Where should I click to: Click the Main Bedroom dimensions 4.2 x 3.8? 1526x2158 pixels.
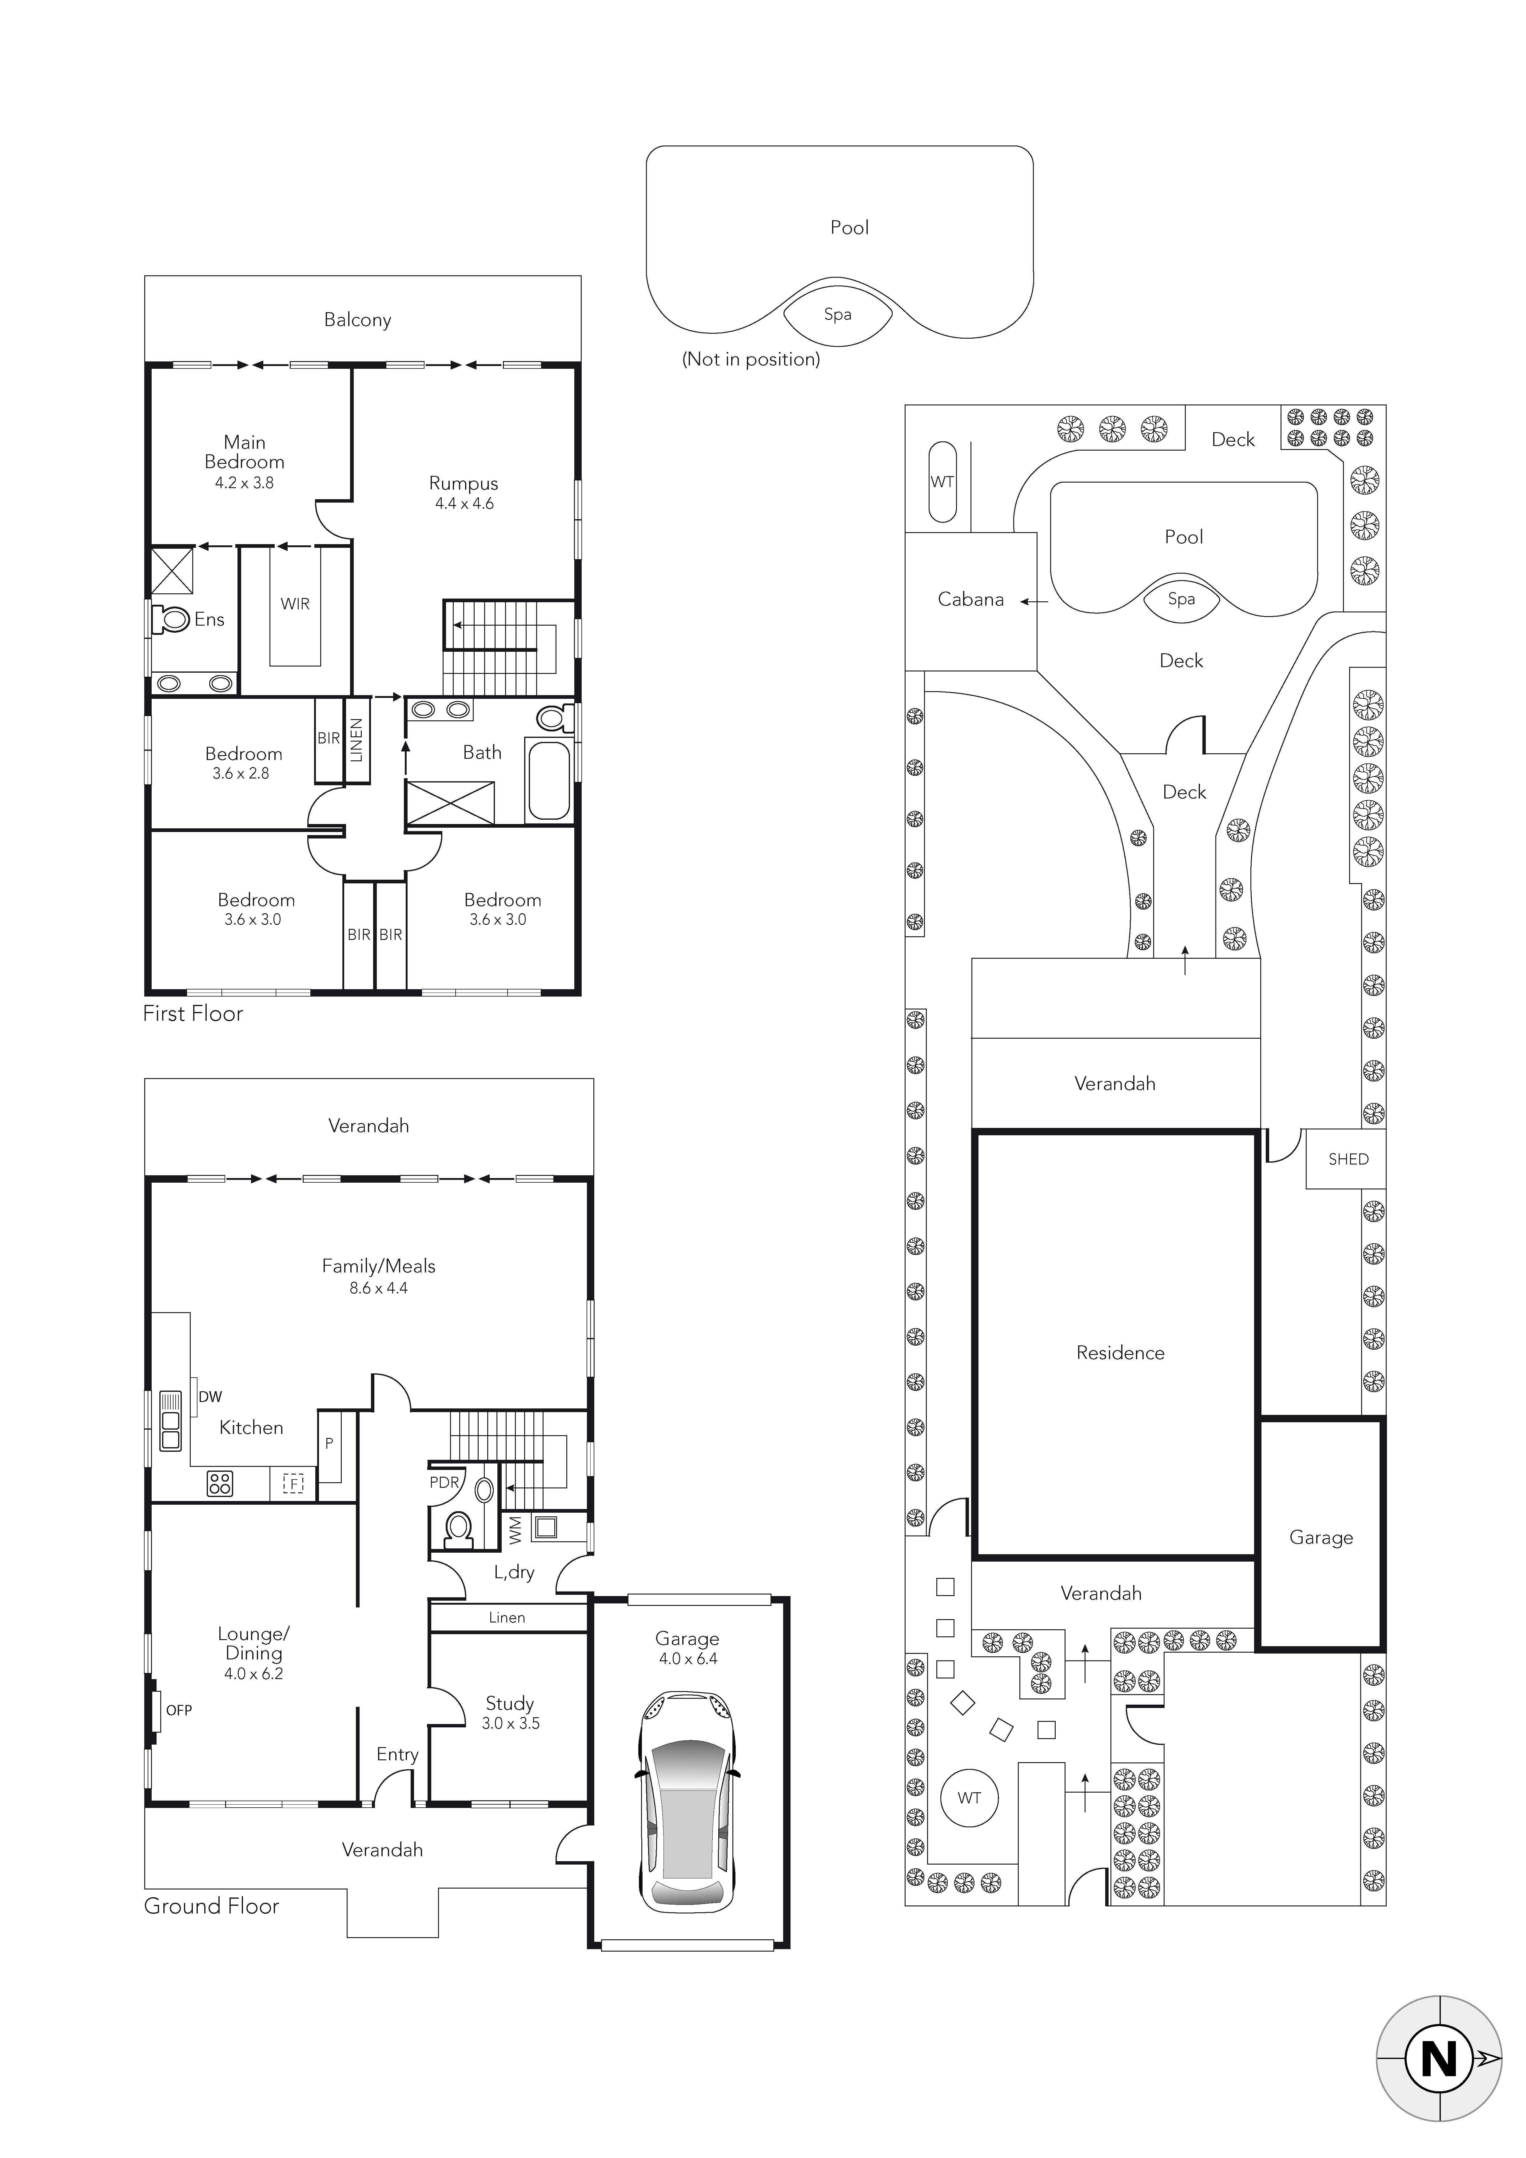(x=245, y=483)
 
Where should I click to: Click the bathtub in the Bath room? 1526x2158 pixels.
(x=549, y=781)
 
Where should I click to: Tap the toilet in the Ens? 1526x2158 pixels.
(x=171, y=619)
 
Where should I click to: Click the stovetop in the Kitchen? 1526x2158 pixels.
(x=220, y=1483)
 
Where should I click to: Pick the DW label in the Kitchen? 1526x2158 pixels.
(x=211, y=1397)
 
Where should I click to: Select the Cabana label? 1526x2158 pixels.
(x=970, y=600)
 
